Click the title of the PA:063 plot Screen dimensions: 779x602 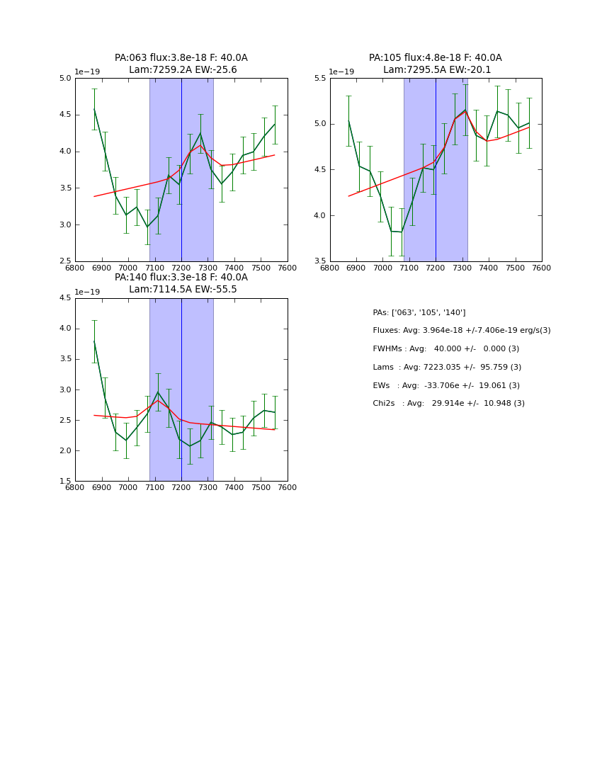point(181,64)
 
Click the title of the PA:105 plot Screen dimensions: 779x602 point(436,64)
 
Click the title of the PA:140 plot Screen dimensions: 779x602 point(181,283)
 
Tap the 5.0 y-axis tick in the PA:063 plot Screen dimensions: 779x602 point(64,79)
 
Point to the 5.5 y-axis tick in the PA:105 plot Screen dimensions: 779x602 point(318,79)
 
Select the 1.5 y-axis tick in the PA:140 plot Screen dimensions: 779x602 point(64,482)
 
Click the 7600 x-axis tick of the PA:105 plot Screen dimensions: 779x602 point(542,268)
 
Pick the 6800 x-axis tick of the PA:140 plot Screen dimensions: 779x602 point(75,488)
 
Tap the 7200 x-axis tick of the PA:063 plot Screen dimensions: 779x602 point(181,268)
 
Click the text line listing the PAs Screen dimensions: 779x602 point(419,312)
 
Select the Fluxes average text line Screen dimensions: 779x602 point(461,331)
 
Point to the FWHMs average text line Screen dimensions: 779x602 point(445,349)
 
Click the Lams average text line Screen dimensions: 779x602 point(447,368)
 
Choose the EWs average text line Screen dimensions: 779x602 point(446,385)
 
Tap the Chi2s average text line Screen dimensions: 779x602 point(448,404)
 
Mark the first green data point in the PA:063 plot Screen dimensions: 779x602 point(94,109)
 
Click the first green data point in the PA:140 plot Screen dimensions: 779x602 point(94,341)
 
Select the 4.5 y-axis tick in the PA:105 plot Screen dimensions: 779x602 point(318,170)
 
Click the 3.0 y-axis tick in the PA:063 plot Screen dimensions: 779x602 point(64,225)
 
